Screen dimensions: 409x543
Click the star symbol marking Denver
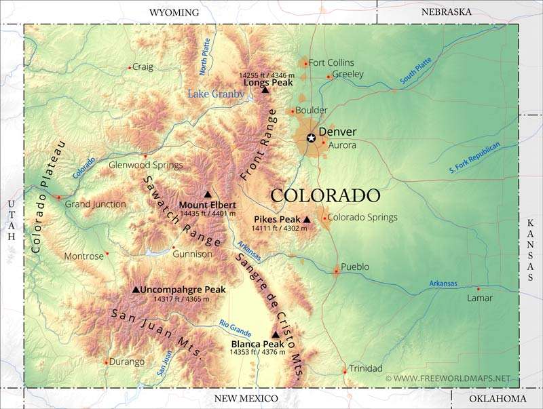point(311,138)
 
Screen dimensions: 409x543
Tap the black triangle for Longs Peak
point(265,90)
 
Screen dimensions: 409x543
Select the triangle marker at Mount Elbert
point(207,195)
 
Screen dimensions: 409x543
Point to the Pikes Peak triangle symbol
point(307,220)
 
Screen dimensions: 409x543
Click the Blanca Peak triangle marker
point(275,334)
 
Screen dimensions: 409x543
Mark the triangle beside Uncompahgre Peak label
point(135,290)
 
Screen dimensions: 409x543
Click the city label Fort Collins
point(331,62)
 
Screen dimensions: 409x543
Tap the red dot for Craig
point(129,67)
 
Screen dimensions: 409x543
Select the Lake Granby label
point(216,94)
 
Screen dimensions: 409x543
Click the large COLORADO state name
point(325,195)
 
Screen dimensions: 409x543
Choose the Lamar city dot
point(478,288)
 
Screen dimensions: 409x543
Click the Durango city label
point(127,362)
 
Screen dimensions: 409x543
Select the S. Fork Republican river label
point(474,159)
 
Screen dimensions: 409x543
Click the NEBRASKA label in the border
point(446,12)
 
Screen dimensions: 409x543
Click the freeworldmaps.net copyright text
point(447,378)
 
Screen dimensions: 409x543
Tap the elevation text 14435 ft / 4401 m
point(208,214)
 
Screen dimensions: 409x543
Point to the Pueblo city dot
point(336,271)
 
